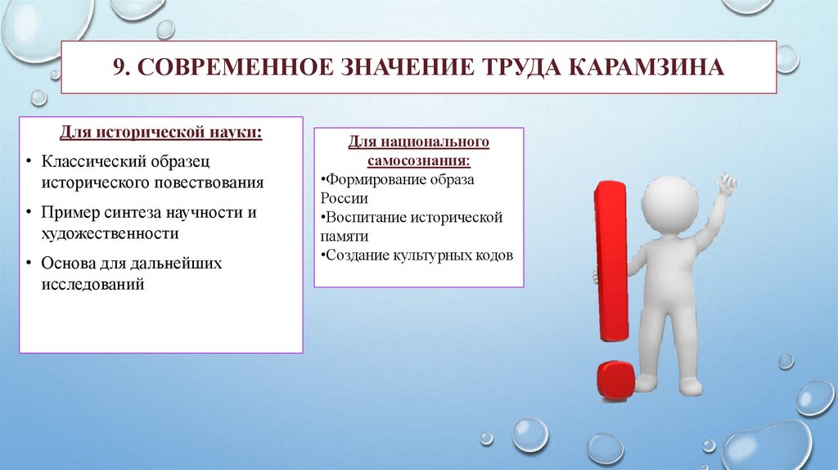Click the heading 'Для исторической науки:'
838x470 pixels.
160,132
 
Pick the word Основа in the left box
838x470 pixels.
68,264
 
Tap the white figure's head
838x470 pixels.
665,196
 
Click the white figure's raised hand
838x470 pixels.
726,183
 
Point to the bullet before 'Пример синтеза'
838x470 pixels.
29,213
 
